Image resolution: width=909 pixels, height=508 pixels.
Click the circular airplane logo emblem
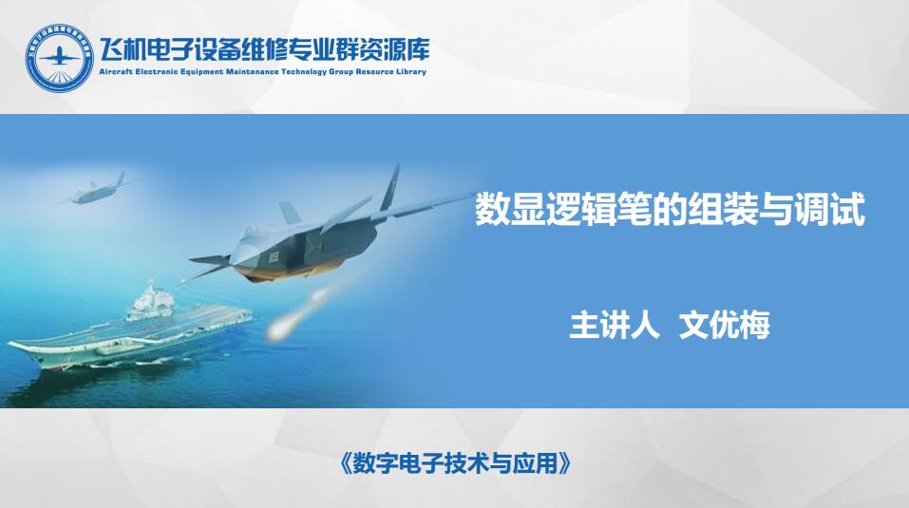click(x=59, y=57)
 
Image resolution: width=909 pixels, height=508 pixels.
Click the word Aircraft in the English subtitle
click(x=115, y=72)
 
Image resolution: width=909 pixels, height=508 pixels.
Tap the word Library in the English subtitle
click(x=411, y=72)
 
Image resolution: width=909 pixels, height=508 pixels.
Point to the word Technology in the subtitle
click(x=304, y=72)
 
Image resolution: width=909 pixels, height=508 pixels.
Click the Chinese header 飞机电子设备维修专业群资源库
click(x=264, y=50)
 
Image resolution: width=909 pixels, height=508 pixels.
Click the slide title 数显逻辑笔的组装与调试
click(x=671, y=209)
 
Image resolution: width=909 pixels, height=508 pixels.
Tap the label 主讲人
click(x=615, y=325)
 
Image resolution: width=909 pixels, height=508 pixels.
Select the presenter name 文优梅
click(x=724, y=325)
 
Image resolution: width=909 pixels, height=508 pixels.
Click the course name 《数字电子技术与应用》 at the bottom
click(x=454, y=462)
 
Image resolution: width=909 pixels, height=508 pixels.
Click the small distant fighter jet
click(x=96, y=191)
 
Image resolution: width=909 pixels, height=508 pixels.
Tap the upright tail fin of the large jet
click(x=390, y=188)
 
